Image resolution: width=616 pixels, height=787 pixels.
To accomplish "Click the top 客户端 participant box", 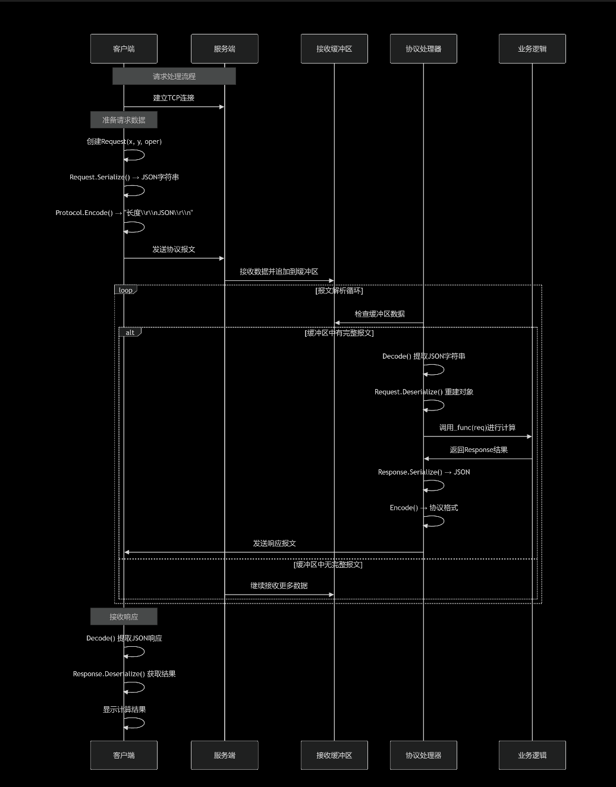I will (124, 49).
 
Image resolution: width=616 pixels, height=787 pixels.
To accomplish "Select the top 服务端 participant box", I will (224, 49).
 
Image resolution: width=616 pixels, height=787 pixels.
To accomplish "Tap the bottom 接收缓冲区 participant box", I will (334, 755).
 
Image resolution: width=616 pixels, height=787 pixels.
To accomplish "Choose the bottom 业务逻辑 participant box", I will (532, 755).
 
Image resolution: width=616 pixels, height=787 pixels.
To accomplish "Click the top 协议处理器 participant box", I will (423, 49).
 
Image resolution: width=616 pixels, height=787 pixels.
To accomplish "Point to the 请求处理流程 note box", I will (174, 76).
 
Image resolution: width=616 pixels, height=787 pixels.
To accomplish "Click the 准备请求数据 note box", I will (124, 120).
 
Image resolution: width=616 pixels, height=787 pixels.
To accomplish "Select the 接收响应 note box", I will (124, 617).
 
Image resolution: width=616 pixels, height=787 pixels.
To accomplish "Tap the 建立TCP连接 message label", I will (174, 98).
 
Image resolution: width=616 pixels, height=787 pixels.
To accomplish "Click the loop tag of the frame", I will (125, 290).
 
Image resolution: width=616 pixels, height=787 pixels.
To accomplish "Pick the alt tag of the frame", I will (130, 333).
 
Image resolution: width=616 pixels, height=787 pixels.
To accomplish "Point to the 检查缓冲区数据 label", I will (379, 314).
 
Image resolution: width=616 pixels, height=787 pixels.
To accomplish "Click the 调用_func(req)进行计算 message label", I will (477, 428).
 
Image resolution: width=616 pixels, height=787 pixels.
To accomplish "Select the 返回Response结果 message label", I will (479, 450).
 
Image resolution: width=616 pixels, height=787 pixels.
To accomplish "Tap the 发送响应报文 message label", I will (274, 543).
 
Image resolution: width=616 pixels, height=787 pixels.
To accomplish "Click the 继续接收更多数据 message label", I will (279, 586).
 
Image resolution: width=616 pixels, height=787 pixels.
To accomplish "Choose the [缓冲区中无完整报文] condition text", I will (328, 565).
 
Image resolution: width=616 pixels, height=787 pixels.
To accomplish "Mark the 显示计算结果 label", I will (124, 710).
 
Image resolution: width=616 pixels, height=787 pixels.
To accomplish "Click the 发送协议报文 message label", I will (174, 249).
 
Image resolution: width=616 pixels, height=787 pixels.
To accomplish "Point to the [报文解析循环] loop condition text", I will (339, 291).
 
